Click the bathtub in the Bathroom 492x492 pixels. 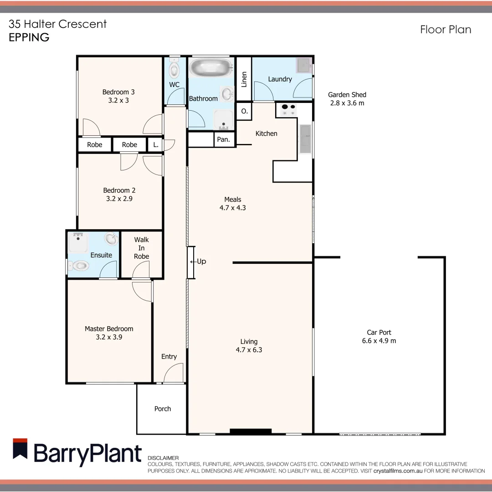pyautogui.click(x=211, y=68)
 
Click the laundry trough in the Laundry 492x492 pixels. pyautogui.click(x=303, y=66)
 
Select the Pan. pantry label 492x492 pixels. pyautogui.click(x=223, y=139)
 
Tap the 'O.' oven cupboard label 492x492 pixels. pyautogui.click(x=244, y=111)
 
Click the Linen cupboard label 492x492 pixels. pyautogui.click(x=244, y=79)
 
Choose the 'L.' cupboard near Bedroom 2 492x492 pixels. pyautogui.click(x=156, y=145)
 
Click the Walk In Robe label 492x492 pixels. pyautogui.click(x=141, y=248)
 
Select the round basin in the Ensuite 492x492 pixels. pyautogui.click(x=110, y=239)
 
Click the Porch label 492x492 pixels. pyautogui.click(x=163, y=409)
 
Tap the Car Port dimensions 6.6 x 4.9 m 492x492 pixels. pyautogui.click(x=379, y=341)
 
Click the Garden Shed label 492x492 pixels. pyautogui.click(x=347, y=95)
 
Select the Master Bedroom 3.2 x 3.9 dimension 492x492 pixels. pyautogui.click(x=109, y=338)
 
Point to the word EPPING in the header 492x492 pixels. pyautogui.click(x=29, y=37)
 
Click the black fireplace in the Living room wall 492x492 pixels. pyautogui.click(x=251, y=431)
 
